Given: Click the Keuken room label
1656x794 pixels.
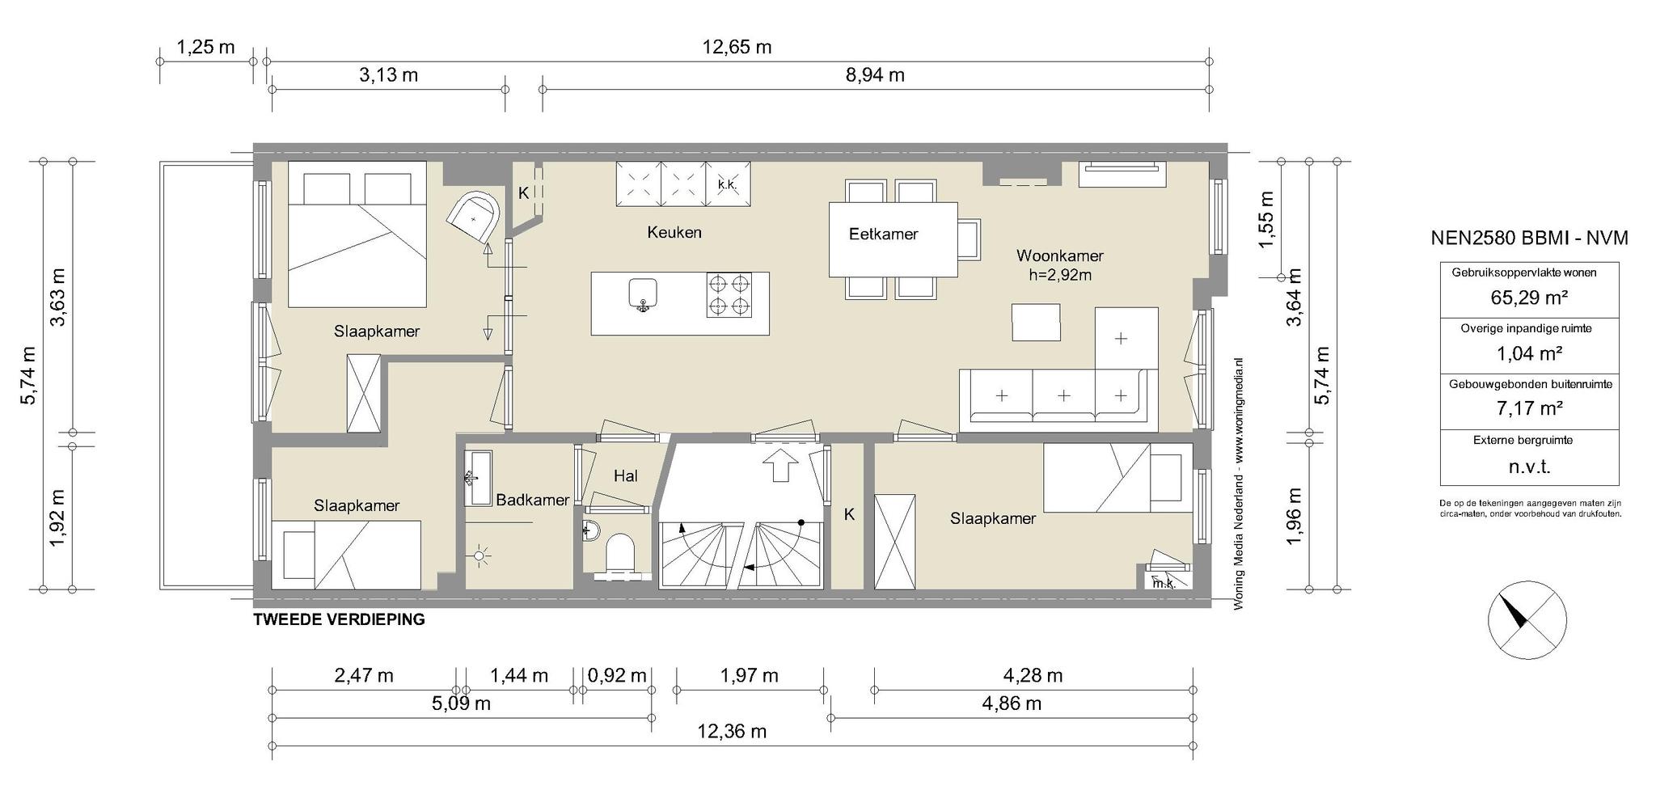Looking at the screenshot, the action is [674, 233].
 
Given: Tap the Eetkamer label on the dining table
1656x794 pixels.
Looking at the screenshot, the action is [883, 234].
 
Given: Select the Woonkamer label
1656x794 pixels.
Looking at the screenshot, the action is [1059, 256].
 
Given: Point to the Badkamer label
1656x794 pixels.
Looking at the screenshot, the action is [532, 500].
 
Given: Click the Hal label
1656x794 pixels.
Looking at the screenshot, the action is [625, 476].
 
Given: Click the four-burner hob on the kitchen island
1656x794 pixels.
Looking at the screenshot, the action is [729, 294].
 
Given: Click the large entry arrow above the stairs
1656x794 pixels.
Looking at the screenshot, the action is [780, 466].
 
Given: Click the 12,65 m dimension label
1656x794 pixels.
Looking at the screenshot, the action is [737, 47].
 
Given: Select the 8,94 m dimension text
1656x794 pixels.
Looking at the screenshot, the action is [875, 75].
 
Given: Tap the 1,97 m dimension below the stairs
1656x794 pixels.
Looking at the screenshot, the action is [749, 675].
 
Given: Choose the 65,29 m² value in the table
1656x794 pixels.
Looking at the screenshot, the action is [1529, 298].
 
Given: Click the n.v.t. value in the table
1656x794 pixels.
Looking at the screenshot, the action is [1529, 467].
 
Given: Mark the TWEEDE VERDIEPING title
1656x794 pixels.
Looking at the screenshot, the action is [339, 620].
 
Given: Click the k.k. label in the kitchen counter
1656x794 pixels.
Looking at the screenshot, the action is [727, 185].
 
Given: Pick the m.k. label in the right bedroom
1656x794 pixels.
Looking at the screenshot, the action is [1163, 583].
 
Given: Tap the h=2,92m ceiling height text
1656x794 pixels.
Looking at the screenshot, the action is [1059, 275].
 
